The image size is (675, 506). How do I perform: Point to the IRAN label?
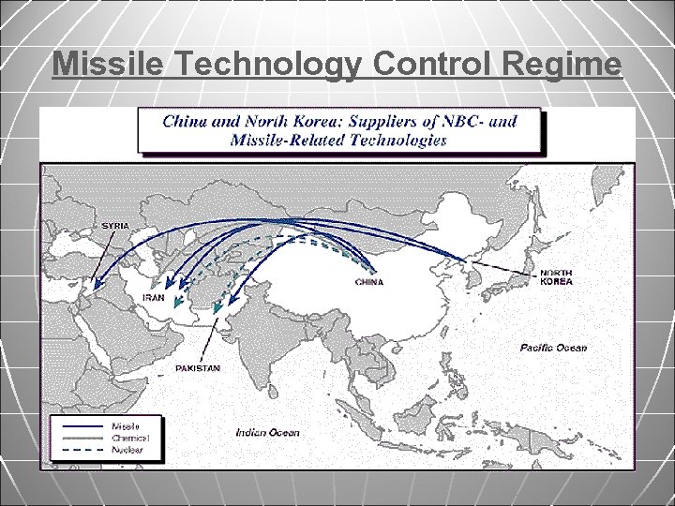click(x=153, y=297)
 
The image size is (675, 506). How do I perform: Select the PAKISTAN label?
click(x=198, y=368)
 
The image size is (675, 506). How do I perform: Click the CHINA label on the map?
click(x=368, y=281)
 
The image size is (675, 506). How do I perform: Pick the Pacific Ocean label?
click(x=553, y=348)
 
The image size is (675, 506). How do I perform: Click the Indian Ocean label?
click(x=268, y=432)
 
